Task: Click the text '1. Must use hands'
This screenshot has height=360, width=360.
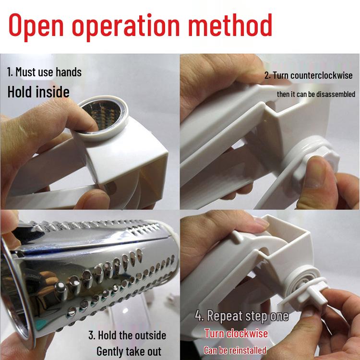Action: tap(44, 72)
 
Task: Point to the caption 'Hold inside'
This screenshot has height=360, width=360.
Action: tap(38, 92)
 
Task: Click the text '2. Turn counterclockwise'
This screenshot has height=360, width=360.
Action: tap(308, 75)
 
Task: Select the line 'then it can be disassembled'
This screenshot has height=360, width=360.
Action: tap(316, 94)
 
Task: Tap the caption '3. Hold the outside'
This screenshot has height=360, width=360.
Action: tap(127, 335)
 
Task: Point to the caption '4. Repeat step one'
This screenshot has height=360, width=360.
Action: tap(241, 316)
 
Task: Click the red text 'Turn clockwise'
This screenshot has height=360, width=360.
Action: tap(236, 333)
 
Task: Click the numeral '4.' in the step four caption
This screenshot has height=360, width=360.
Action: tap(201, 316)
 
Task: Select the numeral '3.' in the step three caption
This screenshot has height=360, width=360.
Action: tap(92, 335)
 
